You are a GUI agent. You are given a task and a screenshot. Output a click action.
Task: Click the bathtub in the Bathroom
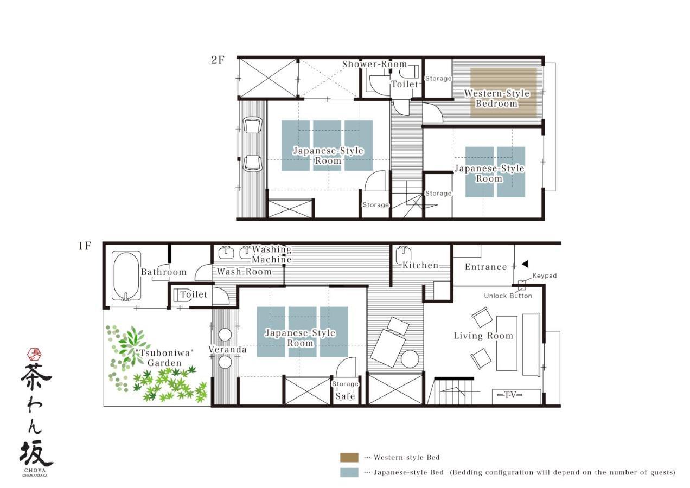126,275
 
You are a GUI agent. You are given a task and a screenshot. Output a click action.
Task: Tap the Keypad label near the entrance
544,276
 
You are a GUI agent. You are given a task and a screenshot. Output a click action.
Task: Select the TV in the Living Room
510,395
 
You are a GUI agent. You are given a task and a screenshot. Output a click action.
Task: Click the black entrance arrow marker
525,264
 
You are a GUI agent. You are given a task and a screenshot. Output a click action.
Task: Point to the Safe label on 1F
345,396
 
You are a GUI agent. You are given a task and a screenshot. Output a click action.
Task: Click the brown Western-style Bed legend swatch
349,458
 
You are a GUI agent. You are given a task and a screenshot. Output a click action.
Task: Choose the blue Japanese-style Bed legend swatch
349,472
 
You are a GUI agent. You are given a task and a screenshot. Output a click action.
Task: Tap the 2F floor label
218,60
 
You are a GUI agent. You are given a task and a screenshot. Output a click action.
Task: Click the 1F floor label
84,246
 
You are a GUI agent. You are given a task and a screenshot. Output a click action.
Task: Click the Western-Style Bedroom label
496,99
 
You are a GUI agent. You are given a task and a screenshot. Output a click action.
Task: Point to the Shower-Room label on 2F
374,64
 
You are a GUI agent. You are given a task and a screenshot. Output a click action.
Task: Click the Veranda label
227,350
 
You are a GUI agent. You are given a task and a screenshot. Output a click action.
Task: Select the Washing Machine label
272,254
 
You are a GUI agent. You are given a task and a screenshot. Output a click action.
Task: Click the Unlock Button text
508,296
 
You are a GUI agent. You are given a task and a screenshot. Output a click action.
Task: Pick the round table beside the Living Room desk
410,359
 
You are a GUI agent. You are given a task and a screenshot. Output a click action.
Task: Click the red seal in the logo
35,354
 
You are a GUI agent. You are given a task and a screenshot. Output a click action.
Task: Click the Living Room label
483,336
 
